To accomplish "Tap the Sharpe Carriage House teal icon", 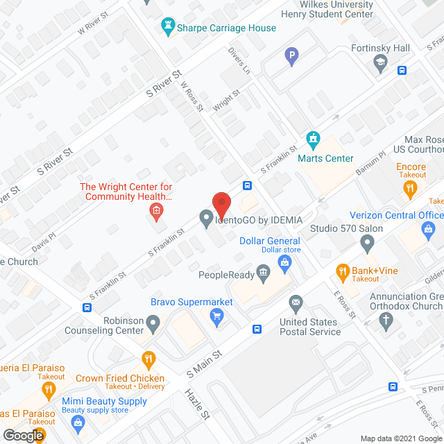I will (166, 28).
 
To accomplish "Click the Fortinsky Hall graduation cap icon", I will (380, 65).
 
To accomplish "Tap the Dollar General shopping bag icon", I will (284, 262).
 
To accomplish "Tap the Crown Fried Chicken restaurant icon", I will (148, 360).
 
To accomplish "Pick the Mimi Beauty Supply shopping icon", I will (77, 422).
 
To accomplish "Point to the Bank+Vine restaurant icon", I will (342, 271).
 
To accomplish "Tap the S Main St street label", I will (204, 364).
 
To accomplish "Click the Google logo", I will (22, 435).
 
